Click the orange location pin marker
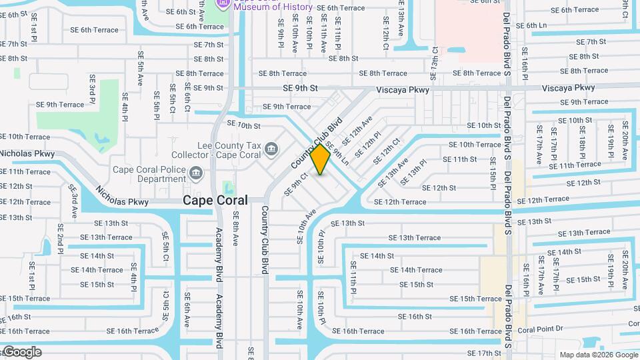click(320, 159)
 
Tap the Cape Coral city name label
click(215, 200)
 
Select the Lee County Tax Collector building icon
click(271, 148)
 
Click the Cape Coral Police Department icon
click(196, 175)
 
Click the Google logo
click(22, 351)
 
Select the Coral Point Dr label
click(541, 329)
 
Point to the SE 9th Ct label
click(296, 185)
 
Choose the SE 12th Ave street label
click(357, 131)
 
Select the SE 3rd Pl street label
click(93, 89)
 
